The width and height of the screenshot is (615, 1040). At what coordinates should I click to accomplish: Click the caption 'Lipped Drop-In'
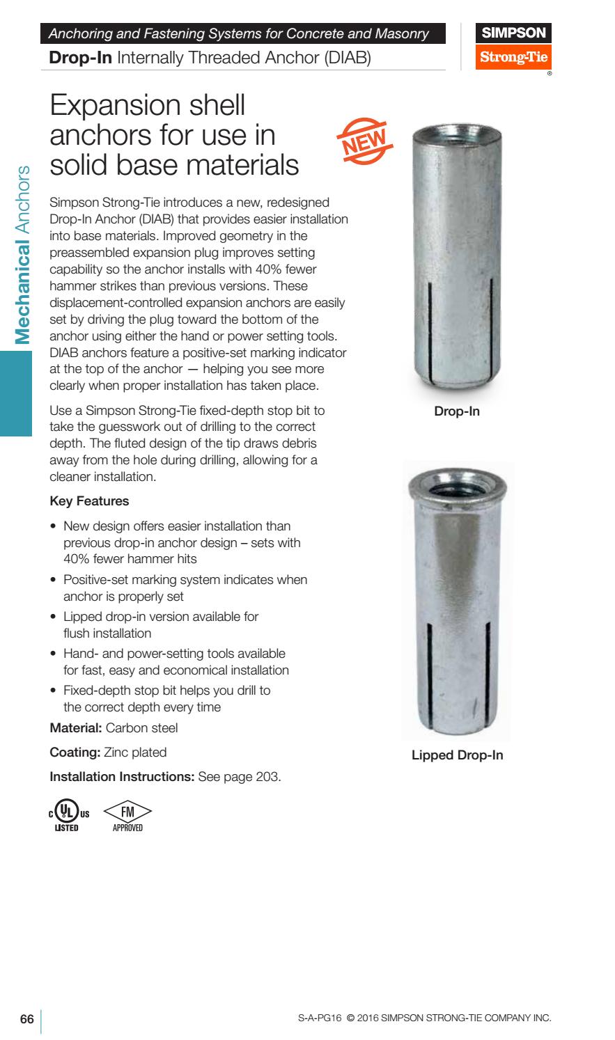[457, 755]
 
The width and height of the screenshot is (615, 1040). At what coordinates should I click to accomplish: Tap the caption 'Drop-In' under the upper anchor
[457, 411]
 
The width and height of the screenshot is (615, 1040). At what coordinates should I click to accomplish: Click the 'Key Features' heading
[90, 501]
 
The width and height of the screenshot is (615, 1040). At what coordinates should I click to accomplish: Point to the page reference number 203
[268, 776]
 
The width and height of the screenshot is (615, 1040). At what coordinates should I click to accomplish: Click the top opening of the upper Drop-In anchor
[457, 129]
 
